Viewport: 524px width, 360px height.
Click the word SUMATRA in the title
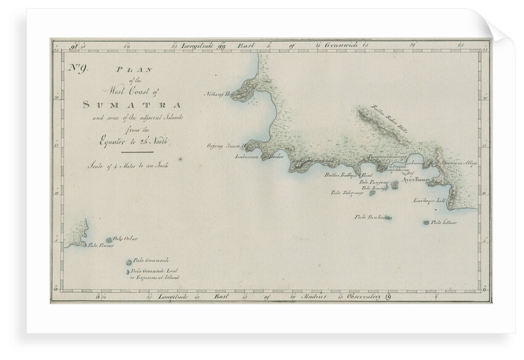(x=131, y=104)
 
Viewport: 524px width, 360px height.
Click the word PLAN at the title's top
(x=129, y=70)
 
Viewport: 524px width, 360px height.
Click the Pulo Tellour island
(x=427, y=223)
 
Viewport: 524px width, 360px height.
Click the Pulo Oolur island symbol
(x=110, y=240)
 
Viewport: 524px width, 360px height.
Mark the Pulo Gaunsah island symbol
(x=128, y=261)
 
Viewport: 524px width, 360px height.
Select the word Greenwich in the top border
(x=335, y=44)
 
